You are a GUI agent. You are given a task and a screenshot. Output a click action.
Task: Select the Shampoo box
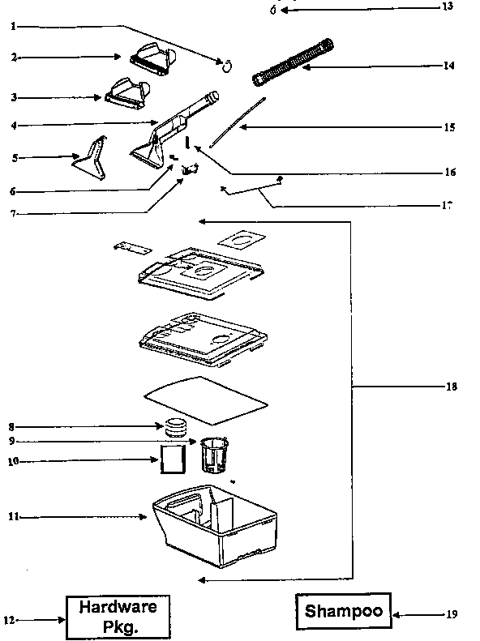343,613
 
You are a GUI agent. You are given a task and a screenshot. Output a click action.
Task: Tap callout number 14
449,66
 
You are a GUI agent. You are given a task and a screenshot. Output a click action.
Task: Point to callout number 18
452,387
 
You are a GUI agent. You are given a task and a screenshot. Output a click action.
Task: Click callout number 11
13,516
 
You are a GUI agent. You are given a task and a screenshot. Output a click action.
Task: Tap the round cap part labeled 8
176,426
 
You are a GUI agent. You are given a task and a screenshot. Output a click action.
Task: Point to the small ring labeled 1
229,64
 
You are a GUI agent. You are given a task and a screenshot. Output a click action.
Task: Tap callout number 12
10,621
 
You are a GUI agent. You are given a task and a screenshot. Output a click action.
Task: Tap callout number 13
448,7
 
